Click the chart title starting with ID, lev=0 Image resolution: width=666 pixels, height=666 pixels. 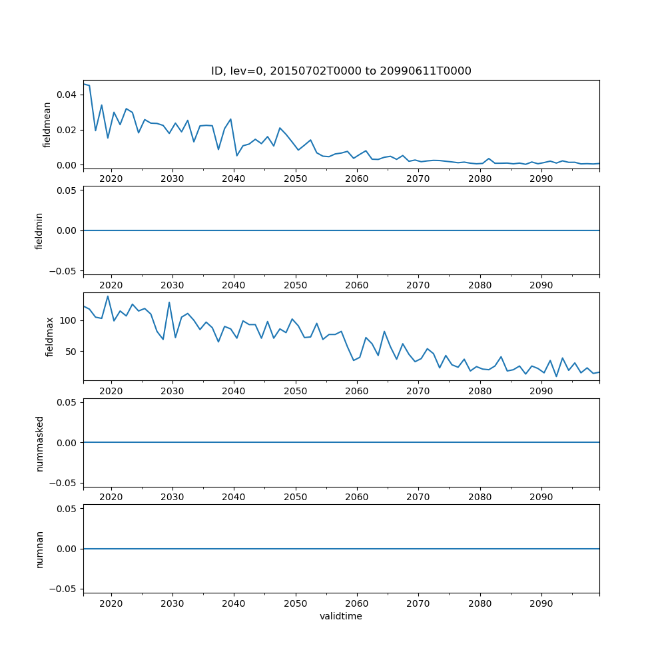[x=341, y=71]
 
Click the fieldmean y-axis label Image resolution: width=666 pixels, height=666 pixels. [x=47, y=125]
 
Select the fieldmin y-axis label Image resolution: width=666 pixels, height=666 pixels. [x=39, y=230]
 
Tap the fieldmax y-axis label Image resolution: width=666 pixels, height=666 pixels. [x=49, y=337]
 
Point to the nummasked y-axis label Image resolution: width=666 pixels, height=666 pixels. [x=39, y=443]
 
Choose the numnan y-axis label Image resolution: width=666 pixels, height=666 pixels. [x=39, y=549]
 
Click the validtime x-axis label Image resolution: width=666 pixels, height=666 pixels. [x=341, y=617]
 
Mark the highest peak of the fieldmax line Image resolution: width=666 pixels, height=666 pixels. [x=108, y=296]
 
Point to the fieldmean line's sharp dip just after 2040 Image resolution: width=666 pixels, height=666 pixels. [x=236, y=156]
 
